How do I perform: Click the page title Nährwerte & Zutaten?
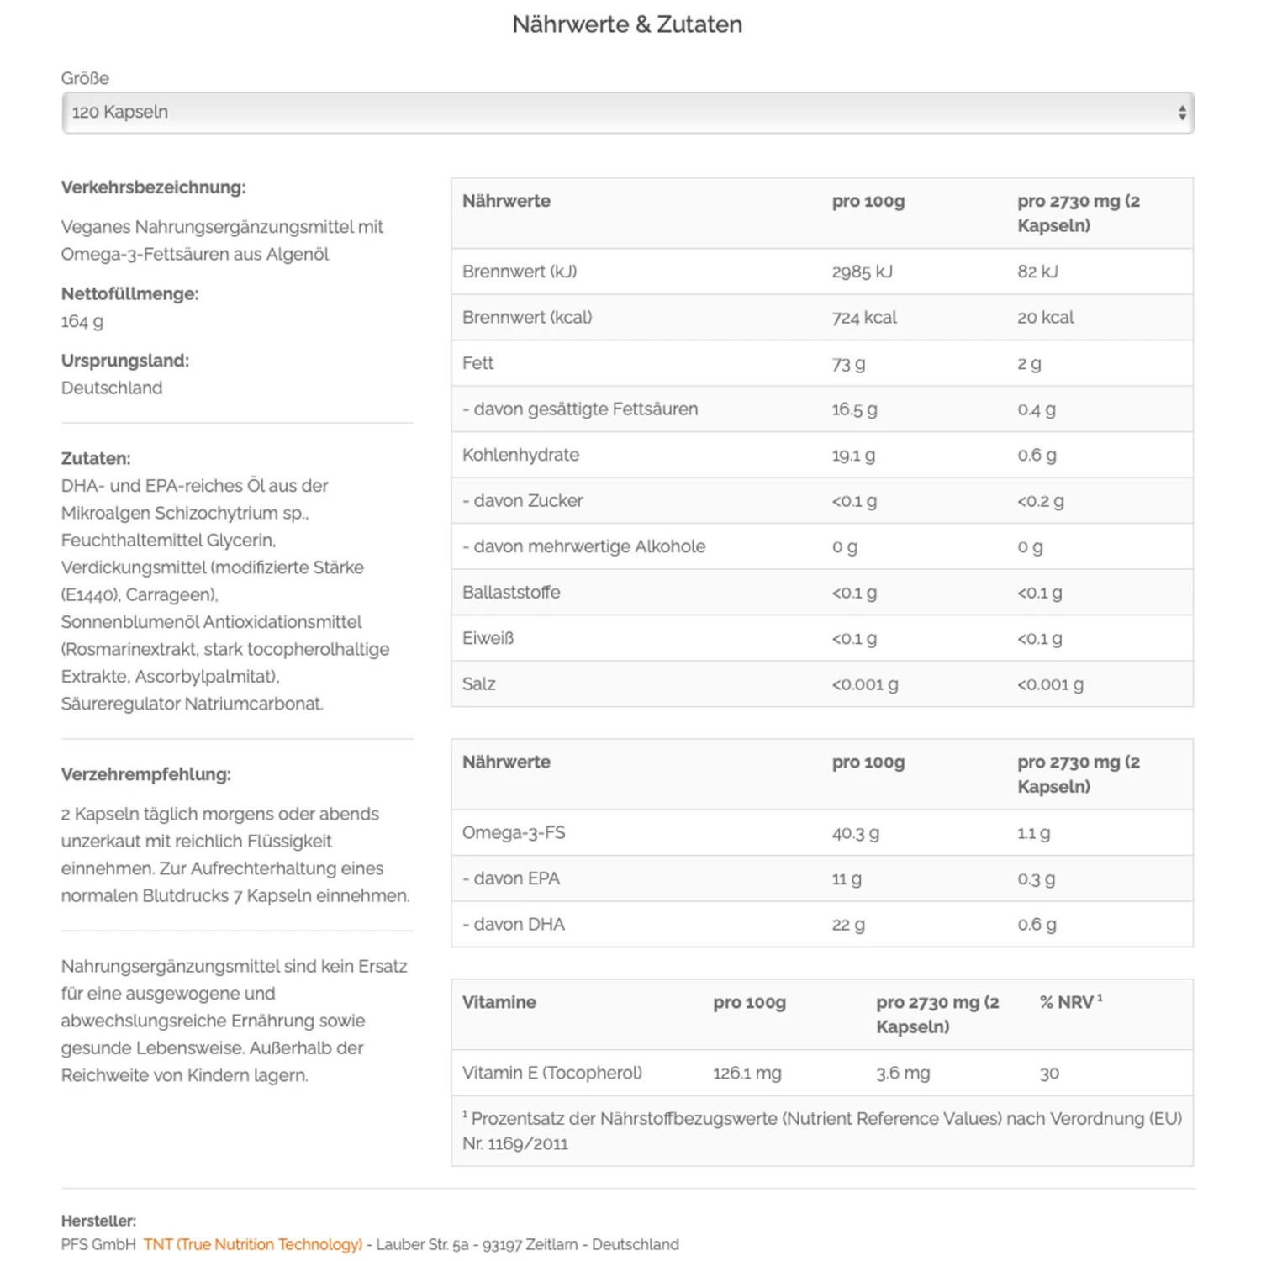pos(627,24)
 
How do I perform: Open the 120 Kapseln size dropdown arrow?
pos(1181,113)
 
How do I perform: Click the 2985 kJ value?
pos(862,272)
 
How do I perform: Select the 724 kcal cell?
pos(864,318)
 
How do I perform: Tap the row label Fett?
pos(477,363)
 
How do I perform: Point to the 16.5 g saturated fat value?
pos(854,409)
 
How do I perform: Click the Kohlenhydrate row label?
pos(520,455)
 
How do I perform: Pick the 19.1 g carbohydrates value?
pos(853,456)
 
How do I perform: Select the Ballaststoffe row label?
pos(511,593)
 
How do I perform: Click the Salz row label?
pos(478,684)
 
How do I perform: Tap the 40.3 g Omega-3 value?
pos(855,833)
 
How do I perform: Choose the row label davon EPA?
pos(511,878)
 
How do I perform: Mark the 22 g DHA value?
pos(848,925)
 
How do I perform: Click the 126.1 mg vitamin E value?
pos(747,1074)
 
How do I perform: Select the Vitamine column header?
pos(499,1002)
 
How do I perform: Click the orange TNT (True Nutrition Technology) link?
pos(253,1244)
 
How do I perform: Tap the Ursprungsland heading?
pos(125,361)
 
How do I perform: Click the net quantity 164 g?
pos(82,321)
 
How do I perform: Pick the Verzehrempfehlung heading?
pos(145,774)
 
